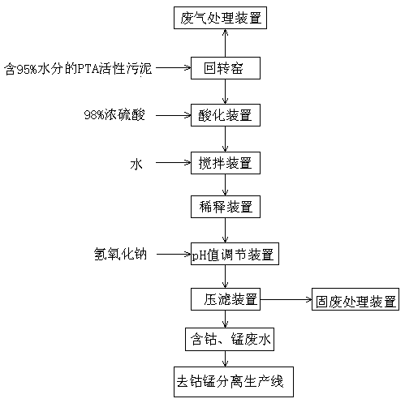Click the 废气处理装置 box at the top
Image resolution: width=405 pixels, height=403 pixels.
(220, 18)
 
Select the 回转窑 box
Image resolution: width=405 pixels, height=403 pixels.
(226, 68)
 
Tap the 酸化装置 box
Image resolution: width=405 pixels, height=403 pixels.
(226, 115)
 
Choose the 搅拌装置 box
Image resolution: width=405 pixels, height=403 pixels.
(226, 163)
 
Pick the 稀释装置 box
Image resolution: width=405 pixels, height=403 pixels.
(226, 207)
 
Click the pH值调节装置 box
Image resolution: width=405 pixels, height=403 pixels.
(235, 254)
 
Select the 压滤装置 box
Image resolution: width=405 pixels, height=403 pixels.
(226, 299)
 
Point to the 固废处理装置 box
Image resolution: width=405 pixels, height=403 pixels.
(355, 299)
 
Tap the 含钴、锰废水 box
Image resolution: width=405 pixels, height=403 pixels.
(230, 340)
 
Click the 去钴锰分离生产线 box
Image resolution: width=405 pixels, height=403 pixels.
(234, 382)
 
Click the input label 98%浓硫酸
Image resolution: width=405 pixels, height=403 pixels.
(114, 115)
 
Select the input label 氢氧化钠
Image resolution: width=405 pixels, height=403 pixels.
(120, 254)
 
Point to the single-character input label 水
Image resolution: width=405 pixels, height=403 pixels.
(136, 164)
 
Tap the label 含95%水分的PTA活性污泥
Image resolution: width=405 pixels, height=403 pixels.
(78, 69)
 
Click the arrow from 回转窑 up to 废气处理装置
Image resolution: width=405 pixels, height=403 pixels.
(226, 43)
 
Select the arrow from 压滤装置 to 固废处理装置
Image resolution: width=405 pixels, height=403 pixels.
(286, 299)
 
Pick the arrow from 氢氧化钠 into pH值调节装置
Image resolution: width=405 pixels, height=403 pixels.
(174, 254)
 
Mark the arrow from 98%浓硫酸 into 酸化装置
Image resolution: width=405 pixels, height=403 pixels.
(174, 115)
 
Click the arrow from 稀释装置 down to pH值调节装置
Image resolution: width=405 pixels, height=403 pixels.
(226, 230)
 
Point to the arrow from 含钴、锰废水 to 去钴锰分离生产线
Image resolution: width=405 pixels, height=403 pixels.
(226, 358)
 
